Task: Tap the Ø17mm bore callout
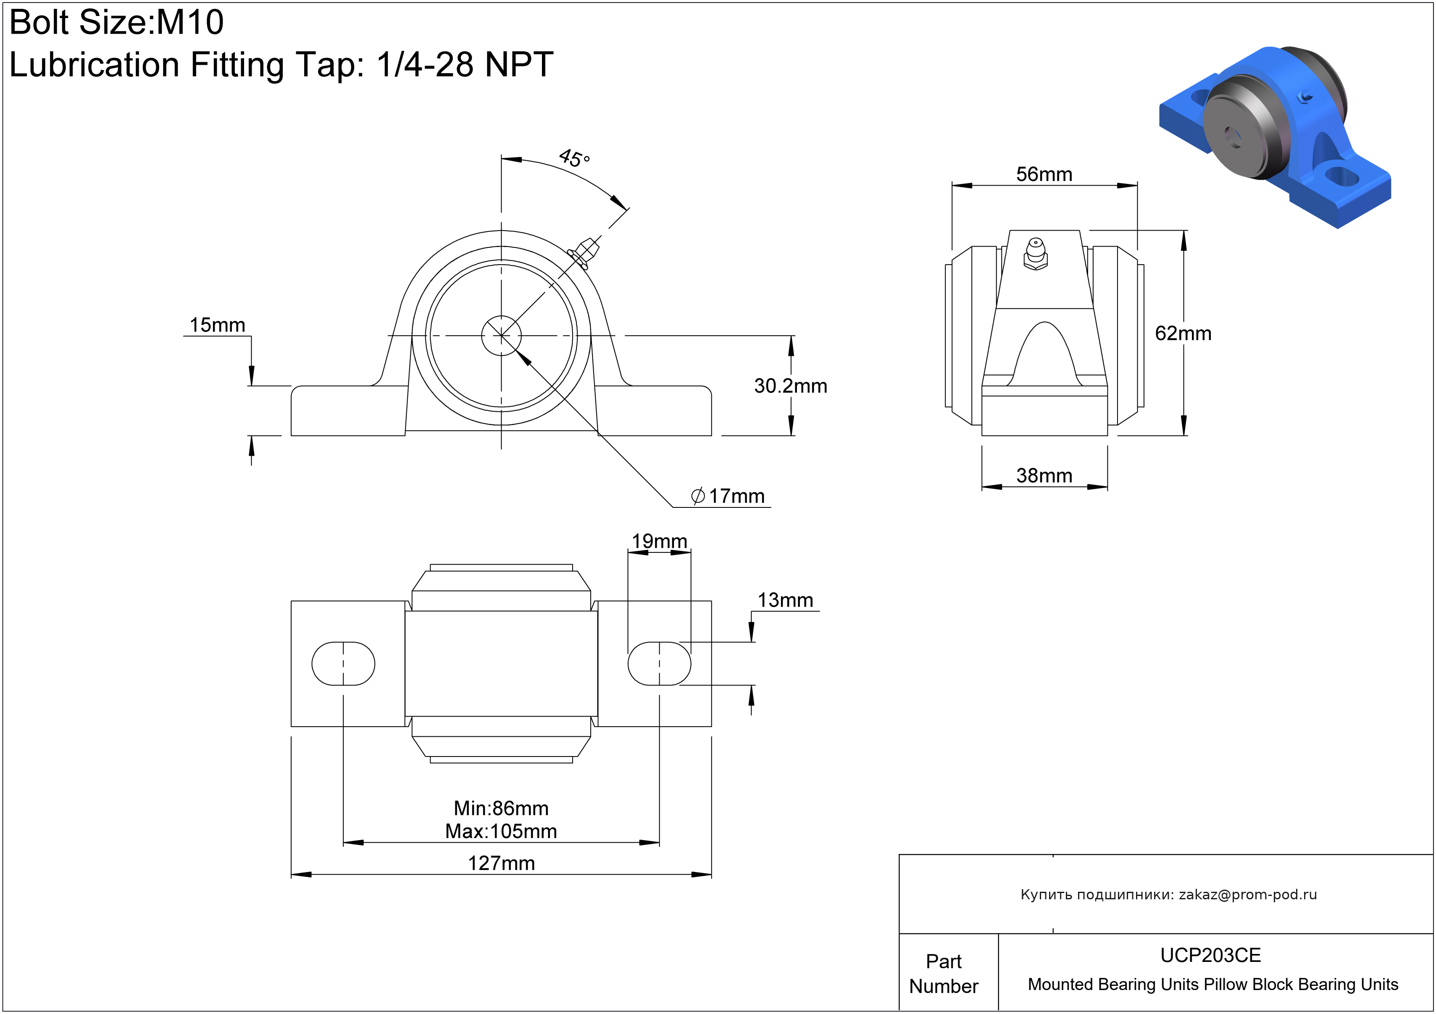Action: tap(728, 496)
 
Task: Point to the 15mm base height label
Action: tap(217, 325)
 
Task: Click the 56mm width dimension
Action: tap(1044, 174)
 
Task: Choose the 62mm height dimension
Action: tap(1183, 333)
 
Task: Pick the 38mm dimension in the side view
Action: tap(1044, 476)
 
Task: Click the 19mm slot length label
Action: tap(659, 541)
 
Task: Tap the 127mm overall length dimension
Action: tap(501, 863)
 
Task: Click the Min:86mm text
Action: tap(501, 808)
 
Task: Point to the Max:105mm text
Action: tap(501, 831)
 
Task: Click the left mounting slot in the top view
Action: tap(343, 663)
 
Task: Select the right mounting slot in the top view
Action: tap(659, 663)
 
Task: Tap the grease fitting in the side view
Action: tap(1036, 253)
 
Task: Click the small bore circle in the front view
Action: tap(501, 336)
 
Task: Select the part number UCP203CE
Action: tap(1210, 955)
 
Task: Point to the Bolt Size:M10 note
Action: tap(117, 23)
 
